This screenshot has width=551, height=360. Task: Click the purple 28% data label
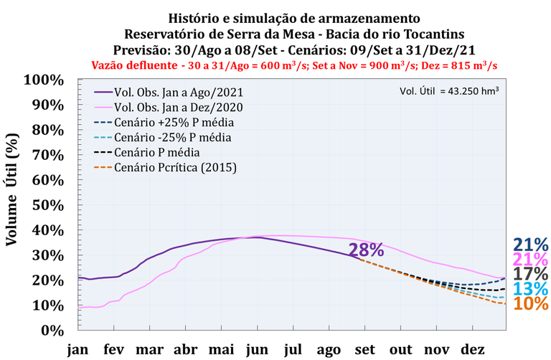coord(366,250)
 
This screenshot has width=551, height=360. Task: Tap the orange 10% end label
coord(531,304)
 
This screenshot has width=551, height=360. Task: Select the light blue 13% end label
coord(531,289)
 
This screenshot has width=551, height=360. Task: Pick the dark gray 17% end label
coord(531,274)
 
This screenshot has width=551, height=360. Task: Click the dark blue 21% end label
coord(531,245)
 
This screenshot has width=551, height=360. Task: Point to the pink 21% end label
coord(531,259)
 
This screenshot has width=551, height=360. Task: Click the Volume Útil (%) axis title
coord(12,204)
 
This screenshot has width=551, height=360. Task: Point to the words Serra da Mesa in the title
coord(226,34)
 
